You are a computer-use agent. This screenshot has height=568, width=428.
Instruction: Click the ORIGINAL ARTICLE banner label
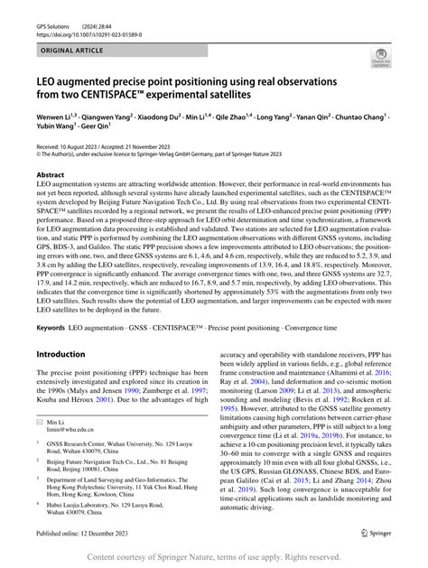(73, 52)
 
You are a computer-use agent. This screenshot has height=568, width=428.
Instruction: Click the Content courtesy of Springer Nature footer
(214, 557)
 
